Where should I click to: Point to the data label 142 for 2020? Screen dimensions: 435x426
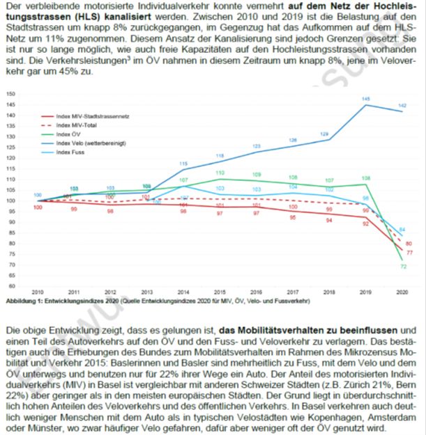point(402,105)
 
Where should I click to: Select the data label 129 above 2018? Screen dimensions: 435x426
point(329,133)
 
